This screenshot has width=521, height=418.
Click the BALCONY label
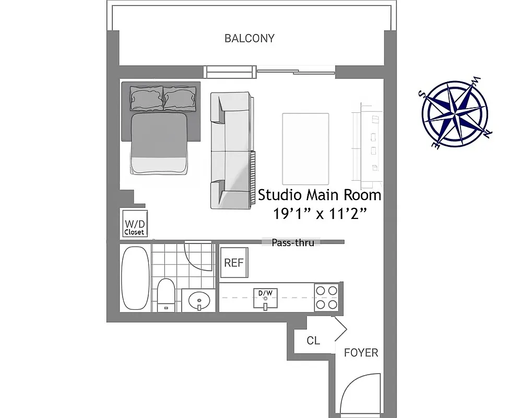249,38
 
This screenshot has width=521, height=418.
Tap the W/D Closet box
134,224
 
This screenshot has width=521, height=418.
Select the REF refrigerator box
233,263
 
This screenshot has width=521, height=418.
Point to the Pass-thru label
293,242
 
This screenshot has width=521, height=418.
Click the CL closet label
313,341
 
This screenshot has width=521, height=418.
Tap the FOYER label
361,353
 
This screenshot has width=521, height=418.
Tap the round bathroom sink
199,300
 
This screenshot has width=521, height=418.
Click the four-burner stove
327,297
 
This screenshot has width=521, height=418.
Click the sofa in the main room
231,150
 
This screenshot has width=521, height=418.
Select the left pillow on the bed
147,98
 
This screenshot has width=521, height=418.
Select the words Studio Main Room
319,195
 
